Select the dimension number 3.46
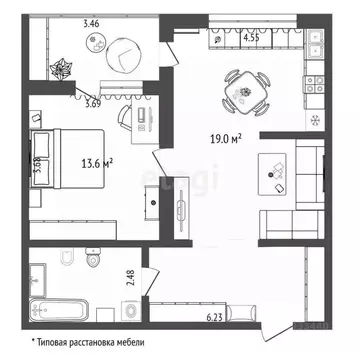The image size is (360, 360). pos(64,22)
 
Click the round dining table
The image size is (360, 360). pos(244,88)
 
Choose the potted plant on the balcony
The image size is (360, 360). pos(62,71)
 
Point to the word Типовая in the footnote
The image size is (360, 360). pos(59,343)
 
